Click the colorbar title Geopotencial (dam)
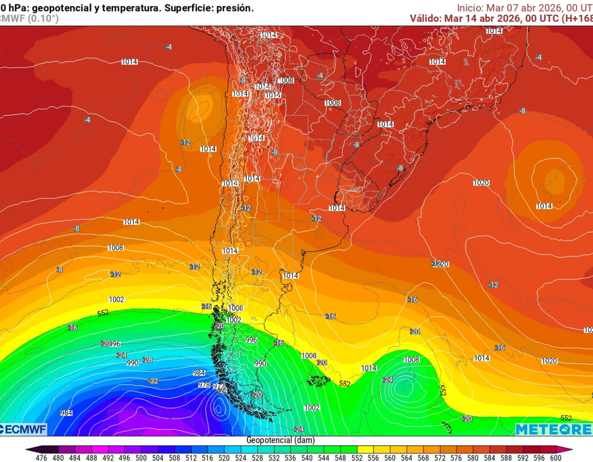click(280, 440)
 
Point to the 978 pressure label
click(204, 384)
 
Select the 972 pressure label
click(218, 387)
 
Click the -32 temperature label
click(153, 380)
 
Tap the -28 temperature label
click(147, 360)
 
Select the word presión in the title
click(235, 8)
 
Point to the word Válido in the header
click(425, 18)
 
